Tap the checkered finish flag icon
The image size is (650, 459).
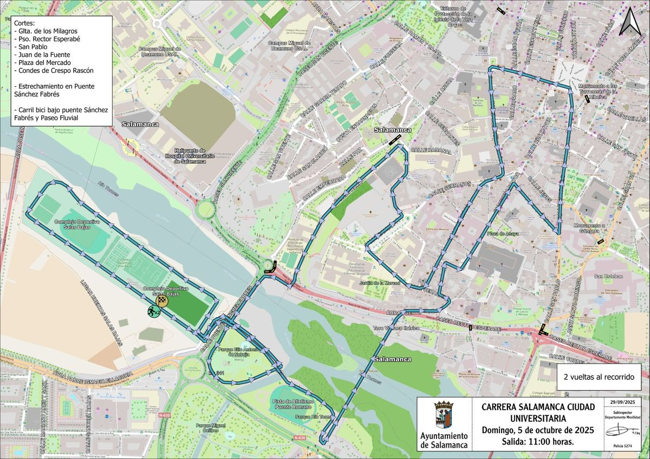(161, 301)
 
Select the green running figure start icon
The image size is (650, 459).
(153, 311)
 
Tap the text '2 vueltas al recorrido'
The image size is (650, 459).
(599, 377)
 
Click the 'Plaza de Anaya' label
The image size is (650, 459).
(502, 234)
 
